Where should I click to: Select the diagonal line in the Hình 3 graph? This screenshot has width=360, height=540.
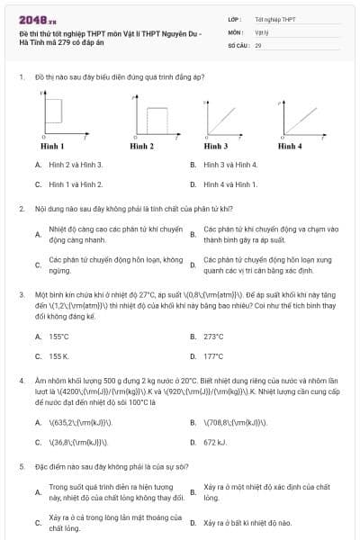click(x=220, y=116)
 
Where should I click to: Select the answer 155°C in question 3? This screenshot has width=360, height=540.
click(x=59, y=337)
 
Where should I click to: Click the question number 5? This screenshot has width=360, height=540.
click(x=21, y=467)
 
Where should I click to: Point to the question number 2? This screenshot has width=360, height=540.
click(x=21, y=208)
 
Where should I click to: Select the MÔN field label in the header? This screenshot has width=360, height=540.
click(x=236, y=31)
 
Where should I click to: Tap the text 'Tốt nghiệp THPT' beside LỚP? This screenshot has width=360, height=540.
click(x=274, y=18)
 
